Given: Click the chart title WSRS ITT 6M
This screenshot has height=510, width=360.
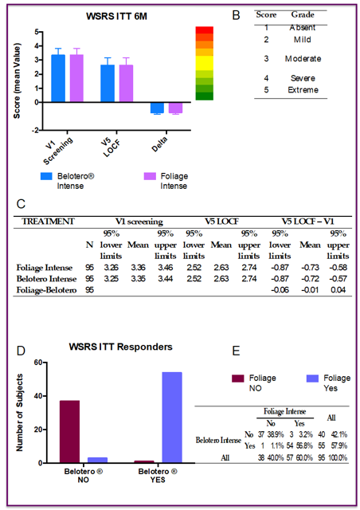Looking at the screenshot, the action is point(116,16).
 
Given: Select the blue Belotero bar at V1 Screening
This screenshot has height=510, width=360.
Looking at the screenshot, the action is point(58,78).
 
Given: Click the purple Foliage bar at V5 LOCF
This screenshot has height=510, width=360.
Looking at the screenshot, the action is point(126,84).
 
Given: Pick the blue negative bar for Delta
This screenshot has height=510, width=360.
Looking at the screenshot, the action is point(157,108).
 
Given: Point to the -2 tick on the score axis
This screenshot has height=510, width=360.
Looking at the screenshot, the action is point(35,131).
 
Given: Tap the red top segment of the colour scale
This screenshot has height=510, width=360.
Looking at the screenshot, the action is point(204,30).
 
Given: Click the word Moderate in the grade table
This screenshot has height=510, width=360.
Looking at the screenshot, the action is point(303,59).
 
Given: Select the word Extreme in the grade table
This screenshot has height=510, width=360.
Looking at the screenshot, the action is point(303,90).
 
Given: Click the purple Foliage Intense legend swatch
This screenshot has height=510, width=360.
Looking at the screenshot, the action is point(150,176).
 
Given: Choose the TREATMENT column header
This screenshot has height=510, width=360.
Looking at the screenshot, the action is point(48,222).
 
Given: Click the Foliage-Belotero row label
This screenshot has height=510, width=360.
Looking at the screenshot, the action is point(46,290).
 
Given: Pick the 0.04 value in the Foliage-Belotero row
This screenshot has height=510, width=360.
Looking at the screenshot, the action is point(338,290).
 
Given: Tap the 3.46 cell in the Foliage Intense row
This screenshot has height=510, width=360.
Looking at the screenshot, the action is point(165,268).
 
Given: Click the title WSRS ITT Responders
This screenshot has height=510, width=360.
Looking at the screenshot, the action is point(120,347).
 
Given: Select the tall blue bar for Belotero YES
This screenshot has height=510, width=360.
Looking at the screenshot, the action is point(172,418).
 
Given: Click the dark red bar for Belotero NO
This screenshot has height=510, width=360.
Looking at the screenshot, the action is point(69,432).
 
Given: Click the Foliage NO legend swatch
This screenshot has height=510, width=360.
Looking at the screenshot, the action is point(237,379).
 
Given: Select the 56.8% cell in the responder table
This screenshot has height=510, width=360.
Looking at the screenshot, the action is point(304,445).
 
